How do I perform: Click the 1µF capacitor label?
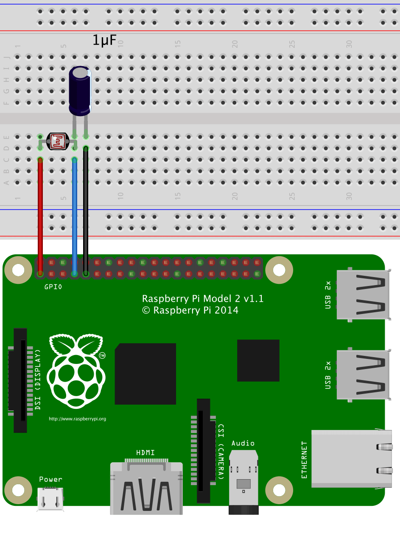[x=104, y=41]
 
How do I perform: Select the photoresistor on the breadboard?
[x=57, y=142]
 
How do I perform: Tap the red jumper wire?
[x=40, y=216]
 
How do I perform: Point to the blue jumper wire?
[x=75, y=216]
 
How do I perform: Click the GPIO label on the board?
[x=53, y=287]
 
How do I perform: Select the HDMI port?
[x=146, y=487]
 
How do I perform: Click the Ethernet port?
[x=351, y=458]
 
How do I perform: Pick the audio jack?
[x=243, y=481]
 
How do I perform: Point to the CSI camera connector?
[x=204, y=451]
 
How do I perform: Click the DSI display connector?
[x=20, y=380]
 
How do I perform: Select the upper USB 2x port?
[x=363, y=293]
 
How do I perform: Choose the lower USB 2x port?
[x=363, y=375]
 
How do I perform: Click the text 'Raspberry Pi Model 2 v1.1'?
[x=203, y=299]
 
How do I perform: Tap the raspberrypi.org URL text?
[x=77, y=419]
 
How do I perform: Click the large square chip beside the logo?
[x=145, y=374]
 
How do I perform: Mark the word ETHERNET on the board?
[x=304, y=460]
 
